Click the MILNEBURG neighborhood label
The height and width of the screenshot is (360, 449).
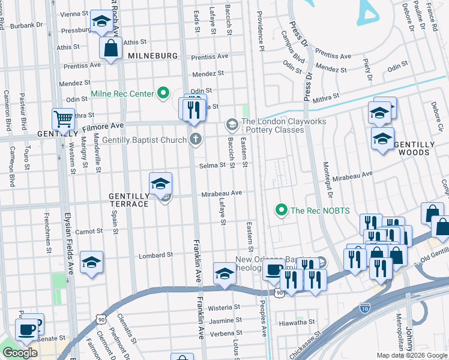click(152, 56)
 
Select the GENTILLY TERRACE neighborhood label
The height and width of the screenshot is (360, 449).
click(128, 200)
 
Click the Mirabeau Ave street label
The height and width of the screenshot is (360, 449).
click(221, 193)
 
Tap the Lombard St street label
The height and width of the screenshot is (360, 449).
click(156, 255)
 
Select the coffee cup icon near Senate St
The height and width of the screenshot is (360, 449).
click(27, 329)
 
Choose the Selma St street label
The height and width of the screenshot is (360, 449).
click(212, 165)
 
